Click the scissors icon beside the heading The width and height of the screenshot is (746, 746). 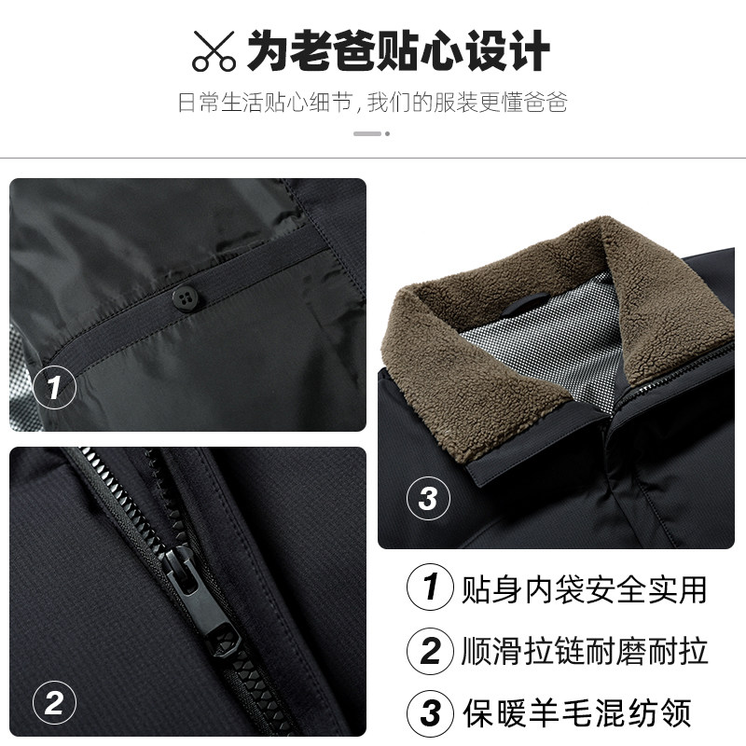click(214, 50)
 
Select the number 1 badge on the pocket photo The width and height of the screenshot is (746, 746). click(54, 386)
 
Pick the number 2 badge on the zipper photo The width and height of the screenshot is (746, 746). click(54, 701)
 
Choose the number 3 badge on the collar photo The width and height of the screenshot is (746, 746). click(428, 498)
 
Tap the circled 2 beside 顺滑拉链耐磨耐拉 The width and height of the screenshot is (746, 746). click(430, 650)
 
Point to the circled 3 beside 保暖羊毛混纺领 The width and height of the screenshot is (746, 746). click(430, 712)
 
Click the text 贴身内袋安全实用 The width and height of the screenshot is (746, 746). click(585, 588)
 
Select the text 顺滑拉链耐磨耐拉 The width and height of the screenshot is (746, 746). click(585, 650)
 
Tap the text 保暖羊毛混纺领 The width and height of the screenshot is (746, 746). click(577, 712)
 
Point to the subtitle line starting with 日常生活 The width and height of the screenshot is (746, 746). click(373, 102)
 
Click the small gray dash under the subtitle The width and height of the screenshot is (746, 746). click(366, 133)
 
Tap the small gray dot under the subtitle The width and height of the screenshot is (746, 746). click(388, 133)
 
